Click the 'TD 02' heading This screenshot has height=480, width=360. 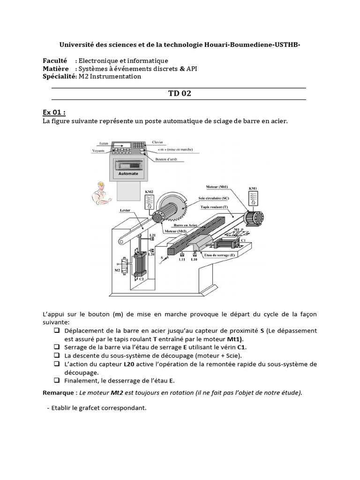click(180, 93)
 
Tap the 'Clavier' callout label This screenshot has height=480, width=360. click(158, 141)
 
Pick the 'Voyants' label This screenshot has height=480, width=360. click(98, 151)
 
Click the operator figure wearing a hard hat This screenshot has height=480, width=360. click(100, 193)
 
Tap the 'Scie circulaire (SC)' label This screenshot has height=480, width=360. click(213, 198)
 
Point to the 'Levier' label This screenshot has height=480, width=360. click(125, 210)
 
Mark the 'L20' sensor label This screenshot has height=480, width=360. click(151, 255)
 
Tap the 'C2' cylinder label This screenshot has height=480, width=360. click(141, 278)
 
